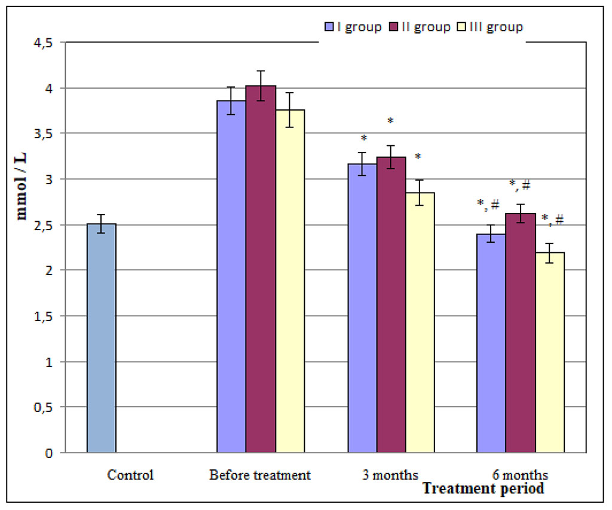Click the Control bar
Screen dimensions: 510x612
101,338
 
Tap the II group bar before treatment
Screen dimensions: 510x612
260,269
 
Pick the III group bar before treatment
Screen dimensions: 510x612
289,281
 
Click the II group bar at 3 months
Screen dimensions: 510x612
391,305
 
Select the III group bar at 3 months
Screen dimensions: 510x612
420,323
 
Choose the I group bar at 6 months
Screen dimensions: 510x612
491,343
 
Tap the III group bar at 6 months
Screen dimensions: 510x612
549,353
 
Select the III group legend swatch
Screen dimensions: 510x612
461,27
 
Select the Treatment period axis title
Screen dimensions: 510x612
484,489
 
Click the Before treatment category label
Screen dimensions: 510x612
260,475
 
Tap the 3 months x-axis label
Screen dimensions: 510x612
390,475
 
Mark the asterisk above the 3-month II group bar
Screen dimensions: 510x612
390,121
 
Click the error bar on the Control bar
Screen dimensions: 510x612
101,224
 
